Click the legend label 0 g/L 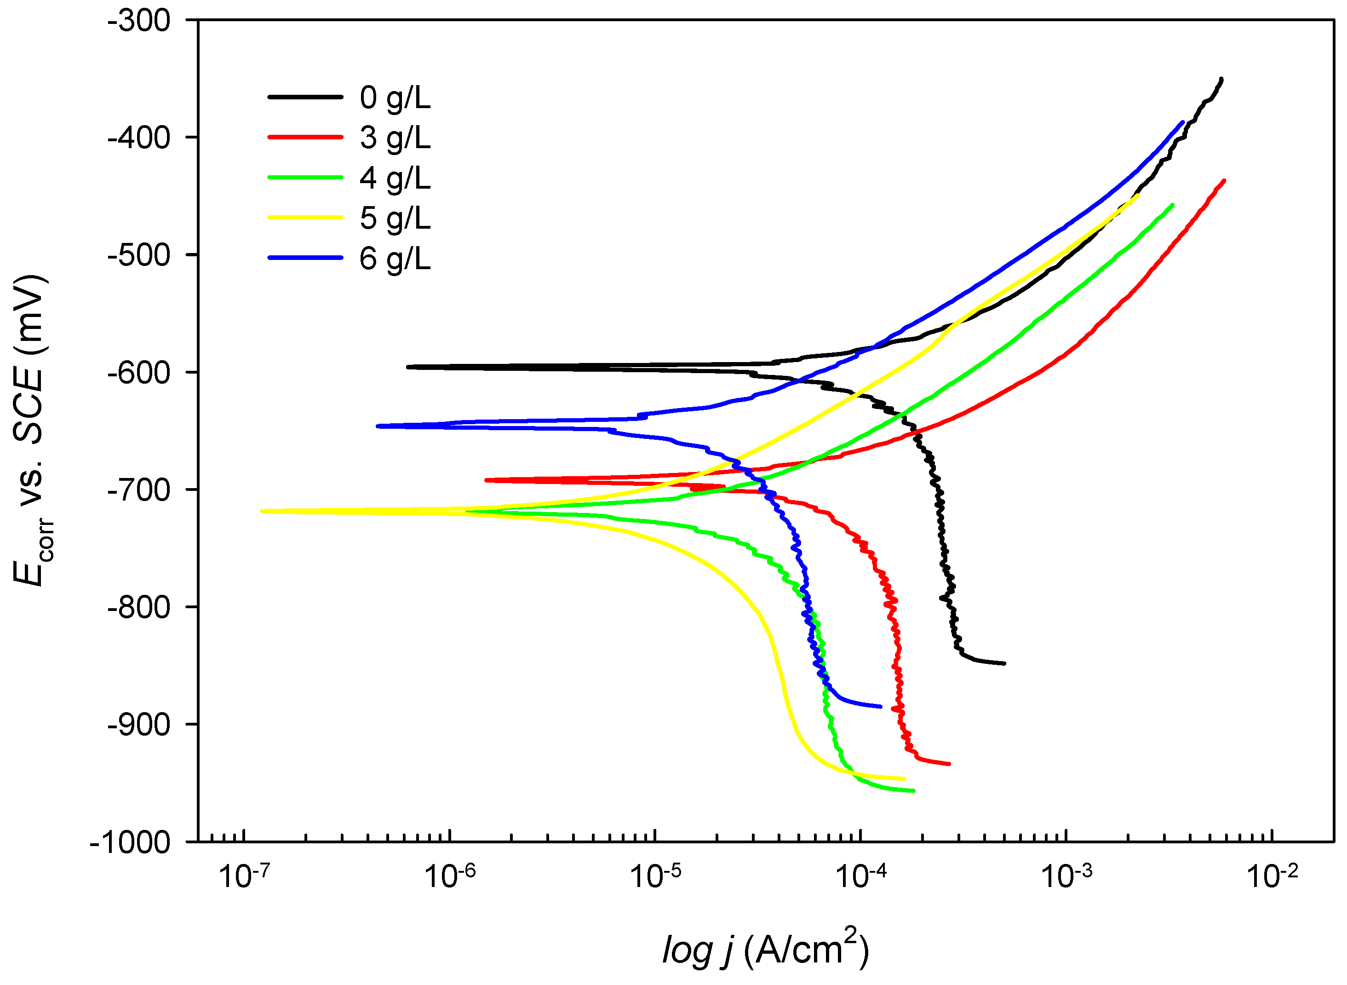point(395,98)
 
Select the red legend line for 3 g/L point(305,137)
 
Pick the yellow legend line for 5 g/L point(305,218)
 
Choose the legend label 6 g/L point(395,259)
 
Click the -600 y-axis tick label point(139,373)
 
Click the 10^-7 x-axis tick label point(244,876)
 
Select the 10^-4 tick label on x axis point(860,876)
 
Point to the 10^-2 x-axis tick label point(1272,876)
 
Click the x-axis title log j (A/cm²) point(765,949)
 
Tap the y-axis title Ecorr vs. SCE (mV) point(31,430)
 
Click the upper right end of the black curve point(1221,79)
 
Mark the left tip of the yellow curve point(262,511)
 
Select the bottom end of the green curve point(913,791)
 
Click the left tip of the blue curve point(378,426)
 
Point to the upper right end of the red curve point(1224,180)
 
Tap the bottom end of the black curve point(1004,663)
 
